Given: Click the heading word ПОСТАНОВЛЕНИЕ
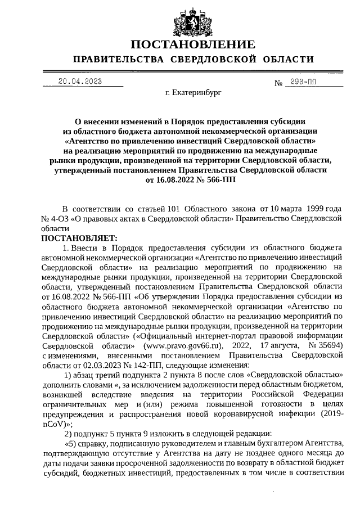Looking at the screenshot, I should pos(193,44).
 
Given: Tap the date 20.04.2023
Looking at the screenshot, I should pos(80,81).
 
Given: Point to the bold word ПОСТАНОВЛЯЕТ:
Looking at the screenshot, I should pos(75,238).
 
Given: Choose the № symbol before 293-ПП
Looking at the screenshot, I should pos(278,83).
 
